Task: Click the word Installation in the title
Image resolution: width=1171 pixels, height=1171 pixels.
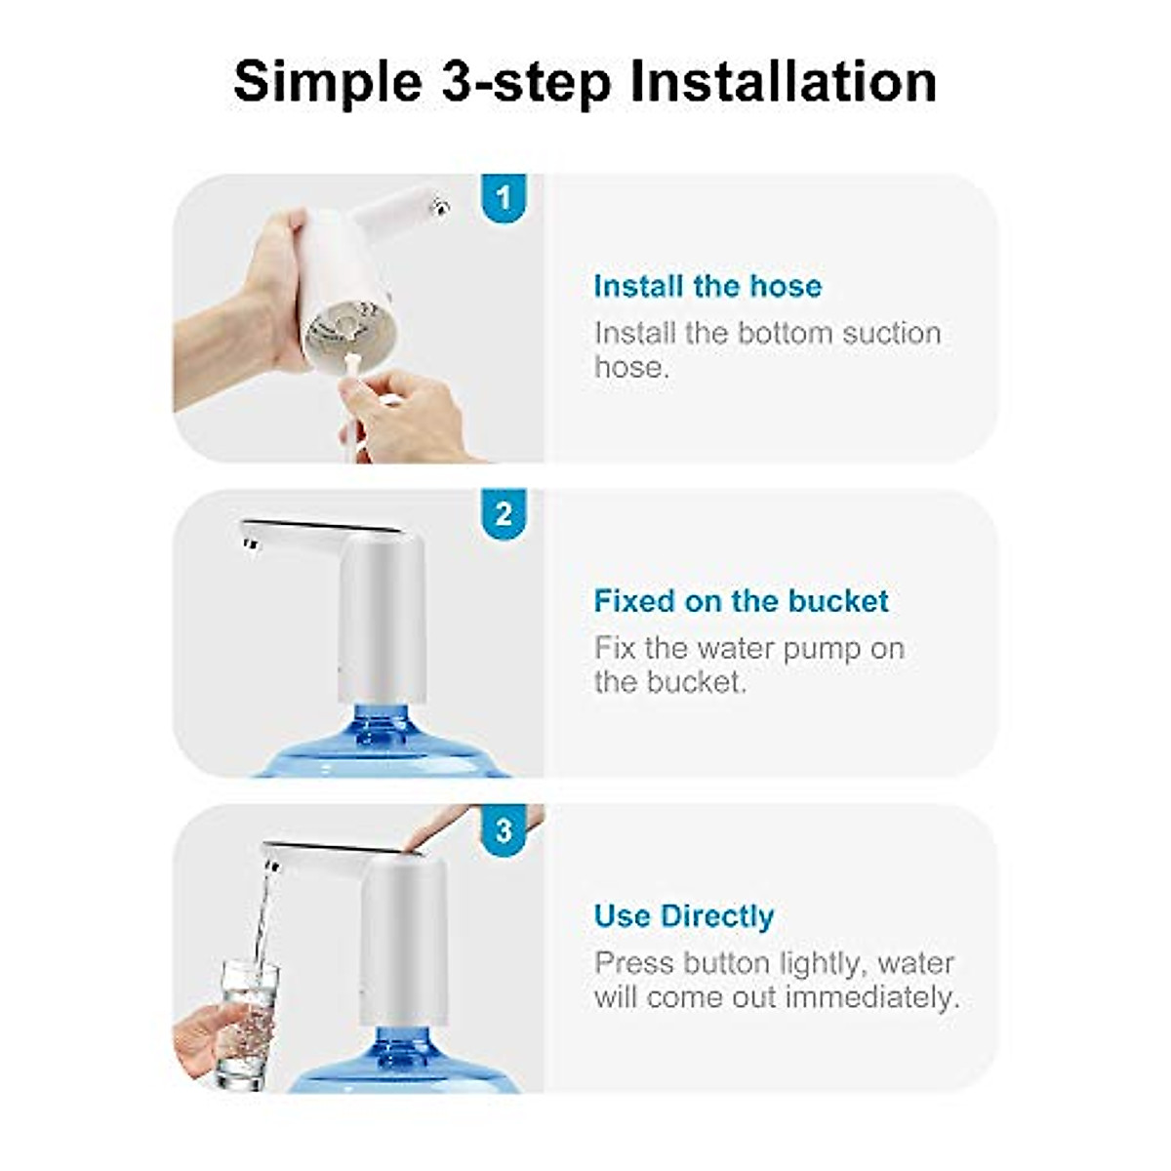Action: coord(784,81)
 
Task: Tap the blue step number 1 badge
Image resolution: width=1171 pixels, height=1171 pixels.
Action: coord(504,198)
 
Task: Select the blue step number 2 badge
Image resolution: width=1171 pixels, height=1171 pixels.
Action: coord(504,514)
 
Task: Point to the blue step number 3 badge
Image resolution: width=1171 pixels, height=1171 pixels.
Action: coord(504,830)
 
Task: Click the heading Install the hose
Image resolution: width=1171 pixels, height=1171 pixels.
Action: coord(707,286)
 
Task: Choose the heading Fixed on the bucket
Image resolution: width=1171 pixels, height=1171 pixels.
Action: coord(741,601)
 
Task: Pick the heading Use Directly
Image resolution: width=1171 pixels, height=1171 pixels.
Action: coord(683,916)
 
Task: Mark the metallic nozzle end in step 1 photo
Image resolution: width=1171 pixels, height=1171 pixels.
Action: coord(440,205)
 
